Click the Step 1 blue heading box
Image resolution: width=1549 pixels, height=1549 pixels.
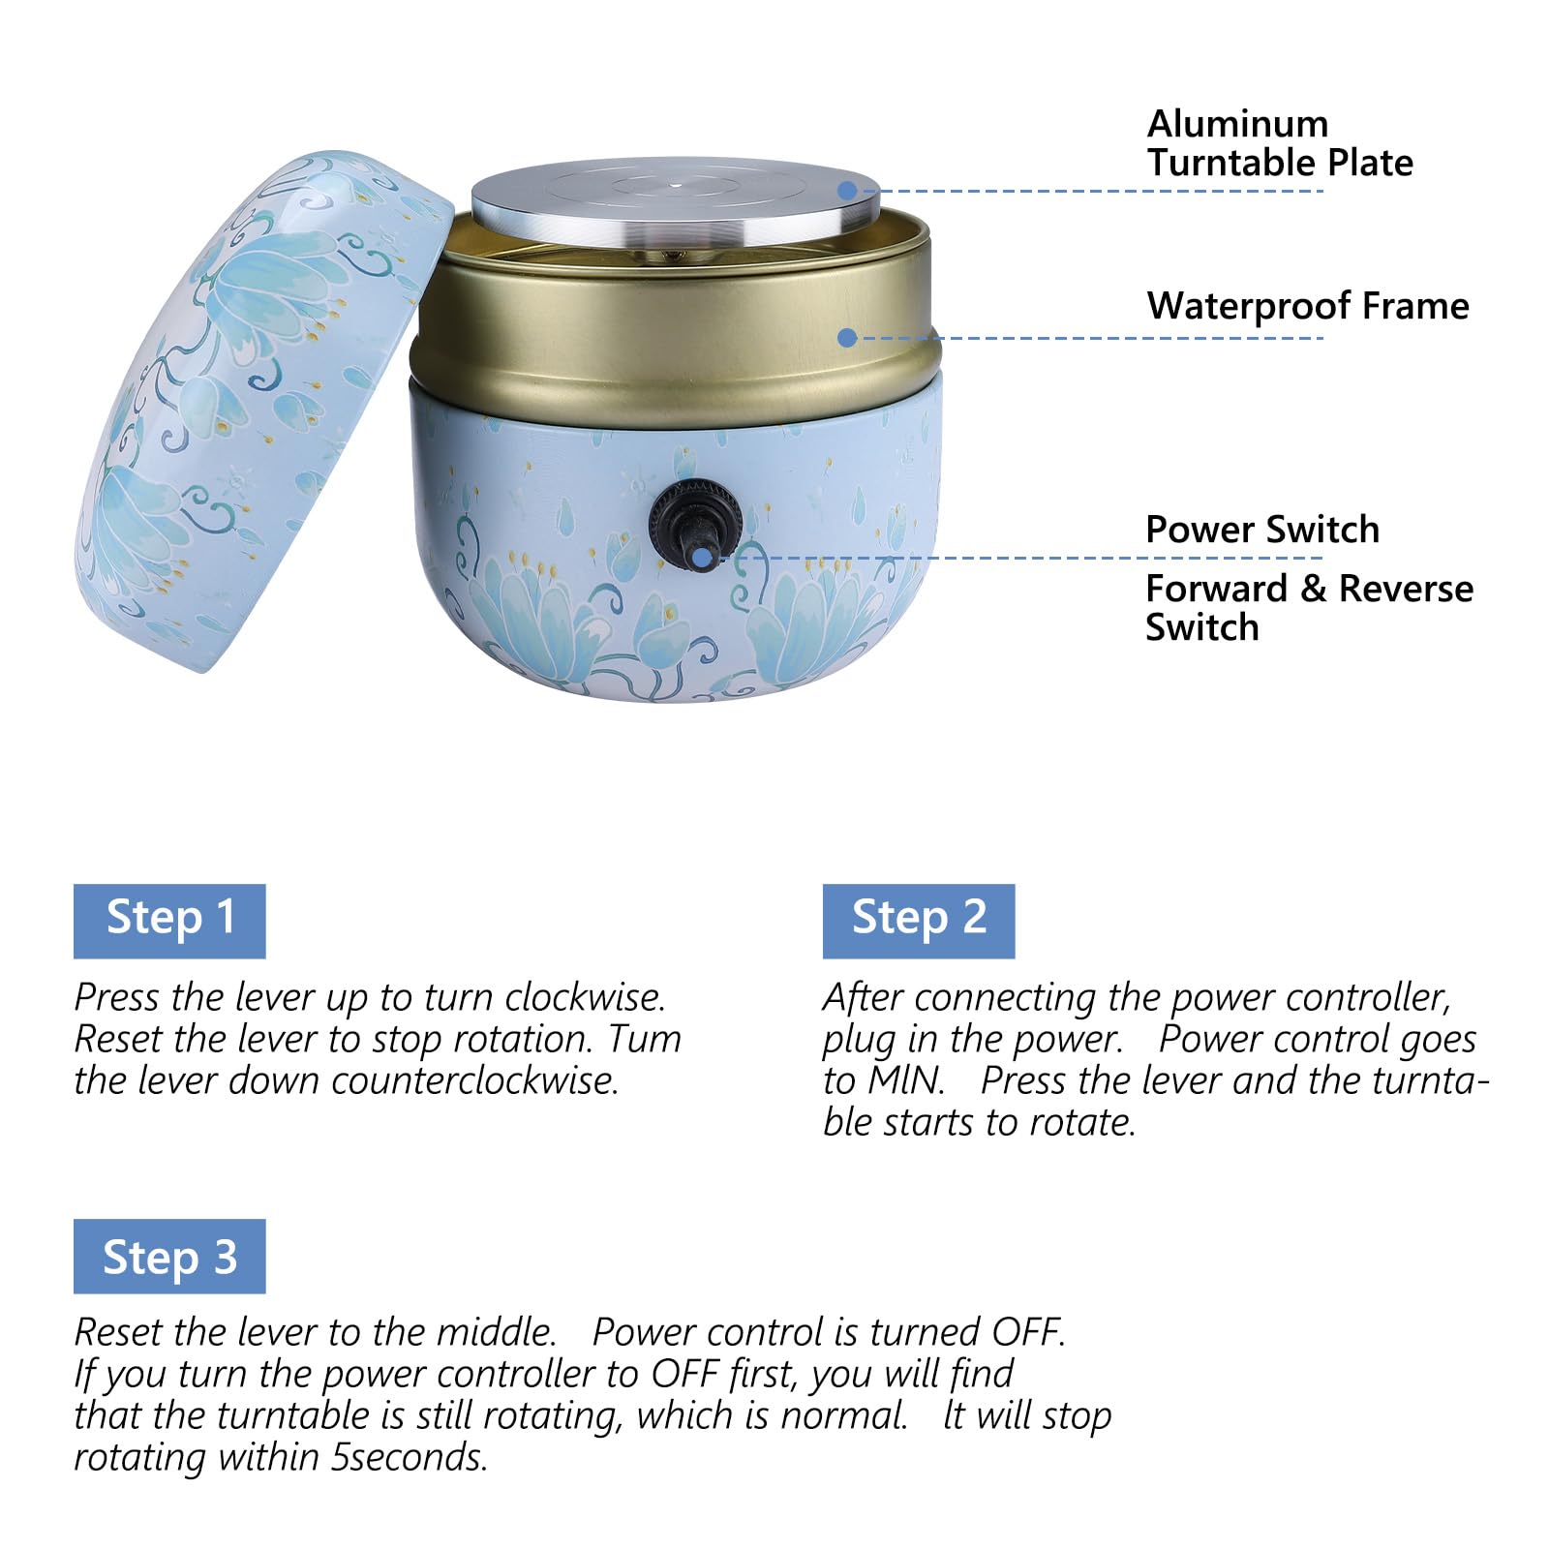pos(169,921)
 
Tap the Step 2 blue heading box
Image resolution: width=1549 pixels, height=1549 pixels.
pos(919,921)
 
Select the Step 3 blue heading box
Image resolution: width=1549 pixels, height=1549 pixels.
pos(169,1256)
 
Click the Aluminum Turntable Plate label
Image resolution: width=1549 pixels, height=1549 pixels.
pos(1280,143)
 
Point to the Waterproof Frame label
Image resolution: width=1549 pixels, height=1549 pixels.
pos(1308,306)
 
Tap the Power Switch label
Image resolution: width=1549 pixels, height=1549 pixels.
pos(1262,530)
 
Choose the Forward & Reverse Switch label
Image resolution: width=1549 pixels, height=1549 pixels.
pos(1309,607)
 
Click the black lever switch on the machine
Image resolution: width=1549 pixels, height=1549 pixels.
pos(694,524)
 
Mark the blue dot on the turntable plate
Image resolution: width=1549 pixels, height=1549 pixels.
pos(847,191)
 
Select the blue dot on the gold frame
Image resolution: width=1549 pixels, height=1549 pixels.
pos(847,338)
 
